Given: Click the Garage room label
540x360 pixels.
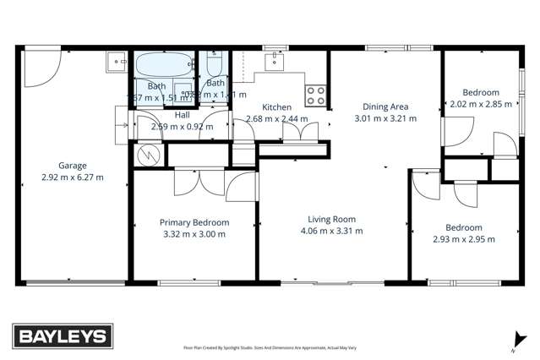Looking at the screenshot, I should point(73,166).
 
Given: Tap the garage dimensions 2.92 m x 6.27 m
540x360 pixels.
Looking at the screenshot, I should point(73,177).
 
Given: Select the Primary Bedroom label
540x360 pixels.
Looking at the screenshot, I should point(194,222).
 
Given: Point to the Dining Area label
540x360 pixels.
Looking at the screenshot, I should point(385,106).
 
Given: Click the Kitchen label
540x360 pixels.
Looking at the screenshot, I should point(277,107).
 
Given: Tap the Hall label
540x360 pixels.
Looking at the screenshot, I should point(182,114).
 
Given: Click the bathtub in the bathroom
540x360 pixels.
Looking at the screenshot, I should point(165,66).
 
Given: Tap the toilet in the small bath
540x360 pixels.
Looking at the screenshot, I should point(215,66).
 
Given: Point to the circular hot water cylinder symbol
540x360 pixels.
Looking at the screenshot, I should point(148,154).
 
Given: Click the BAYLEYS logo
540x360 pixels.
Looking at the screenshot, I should point(61,335).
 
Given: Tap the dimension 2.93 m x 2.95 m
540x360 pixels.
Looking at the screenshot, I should point(464,239).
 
